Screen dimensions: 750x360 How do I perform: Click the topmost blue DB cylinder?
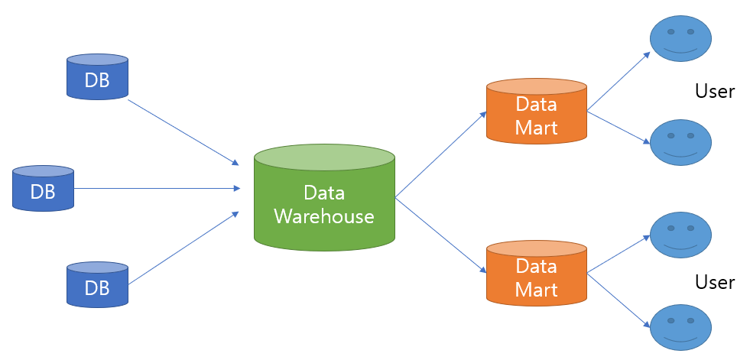[x=98, y=76]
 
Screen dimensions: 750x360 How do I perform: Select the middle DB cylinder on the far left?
[x=43, y=188]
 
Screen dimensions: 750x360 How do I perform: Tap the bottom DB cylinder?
[x=98, y=284]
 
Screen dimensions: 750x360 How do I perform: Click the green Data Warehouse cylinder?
[x=324, y=197]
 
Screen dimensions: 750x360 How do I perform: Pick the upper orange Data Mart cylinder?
[x=537, y=111]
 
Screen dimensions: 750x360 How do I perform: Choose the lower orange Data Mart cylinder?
[x=537, y=273]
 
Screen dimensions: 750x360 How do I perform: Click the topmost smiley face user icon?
[x=681, y=38]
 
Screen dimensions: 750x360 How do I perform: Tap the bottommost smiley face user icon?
[x=681, y=327]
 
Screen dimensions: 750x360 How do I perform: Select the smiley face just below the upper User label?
[x=681, y=142]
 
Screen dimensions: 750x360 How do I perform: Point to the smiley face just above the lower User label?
[x=681, y=235]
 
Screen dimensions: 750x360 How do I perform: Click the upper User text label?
[x=715, y=91]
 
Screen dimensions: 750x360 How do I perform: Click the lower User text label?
[x=715, y=282]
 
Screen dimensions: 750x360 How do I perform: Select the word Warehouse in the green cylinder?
[x=324, y=216]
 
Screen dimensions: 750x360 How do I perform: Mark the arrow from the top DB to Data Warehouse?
[x=183, y=132]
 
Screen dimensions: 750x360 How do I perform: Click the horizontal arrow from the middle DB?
[x=157, y=188]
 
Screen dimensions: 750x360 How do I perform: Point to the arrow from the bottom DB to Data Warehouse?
[x=183, y=248]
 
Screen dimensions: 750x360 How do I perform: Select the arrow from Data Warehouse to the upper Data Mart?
[x=441, y=154]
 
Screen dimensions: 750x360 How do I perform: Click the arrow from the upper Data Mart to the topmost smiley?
[x=619, y=81]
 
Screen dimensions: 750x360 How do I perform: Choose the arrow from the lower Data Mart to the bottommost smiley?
[x=619, y=300]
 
